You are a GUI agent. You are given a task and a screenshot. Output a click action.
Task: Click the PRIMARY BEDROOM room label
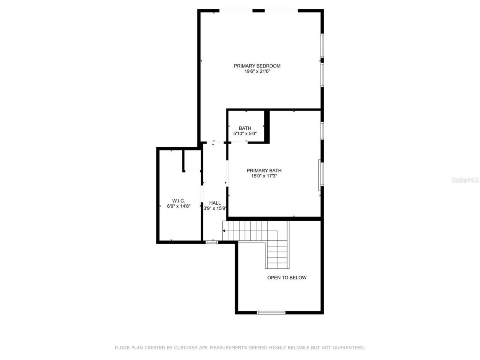257,66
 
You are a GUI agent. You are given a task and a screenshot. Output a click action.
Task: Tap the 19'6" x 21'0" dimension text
257,71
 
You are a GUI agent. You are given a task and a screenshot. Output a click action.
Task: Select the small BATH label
245,128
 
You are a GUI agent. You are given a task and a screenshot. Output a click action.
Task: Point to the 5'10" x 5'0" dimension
245,133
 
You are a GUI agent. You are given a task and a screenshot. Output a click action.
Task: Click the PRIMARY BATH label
264,171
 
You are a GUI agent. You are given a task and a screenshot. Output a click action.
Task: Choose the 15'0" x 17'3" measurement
264,176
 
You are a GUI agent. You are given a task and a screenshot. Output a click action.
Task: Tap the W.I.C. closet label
178,201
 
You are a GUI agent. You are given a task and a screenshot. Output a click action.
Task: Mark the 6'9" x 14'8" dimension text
178,206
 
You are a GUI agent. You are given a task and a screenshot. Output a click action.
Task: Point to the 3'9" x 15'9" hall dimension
214,208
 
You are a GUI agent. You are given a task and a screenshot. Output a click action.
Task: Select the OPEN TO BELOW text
286,278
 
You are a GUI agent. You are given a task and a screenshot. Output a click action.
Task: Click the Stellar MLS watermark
465,180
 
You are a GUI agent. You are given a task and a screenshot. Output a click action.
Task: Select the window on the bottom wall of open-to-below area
271,312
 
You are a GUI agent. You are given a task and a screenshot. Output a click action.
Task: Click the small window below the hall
212,242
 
